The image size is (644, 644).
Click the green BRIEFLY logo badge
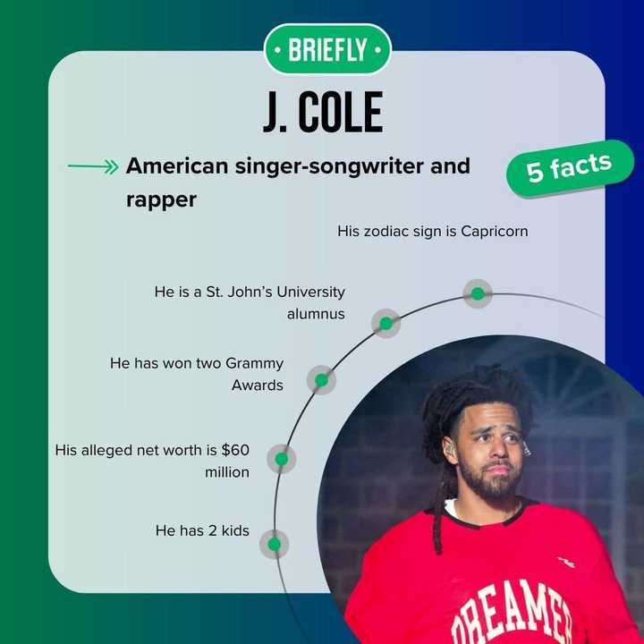327,49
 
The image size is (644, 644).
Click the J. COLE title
323,112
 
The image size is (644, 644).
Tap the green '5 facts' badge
569,167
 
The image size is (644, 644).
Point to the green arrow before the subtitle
93,166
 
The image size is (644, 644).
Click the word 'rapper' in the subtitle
161,199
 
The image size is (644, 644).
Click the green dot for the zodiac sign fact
478,293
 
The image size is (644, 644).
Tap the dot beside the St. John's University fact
386,323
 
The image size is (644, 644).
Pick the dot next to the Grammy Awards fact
321,380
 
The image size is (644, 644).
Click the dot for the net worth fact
281,459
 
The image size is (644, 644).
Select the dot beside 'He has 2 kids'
274,544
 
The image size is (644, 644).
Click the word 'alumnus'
316,314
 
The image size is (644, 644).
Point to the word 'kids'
232,530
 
